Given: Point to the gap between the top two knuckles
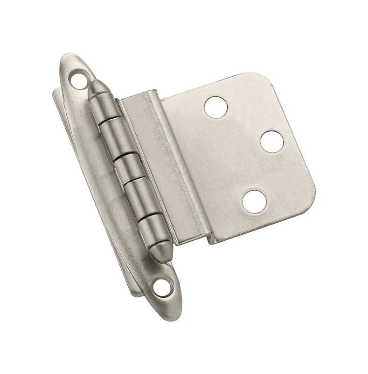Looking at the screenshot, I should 108,120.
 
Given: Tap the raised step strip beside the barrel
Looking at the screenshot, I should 163,164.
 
